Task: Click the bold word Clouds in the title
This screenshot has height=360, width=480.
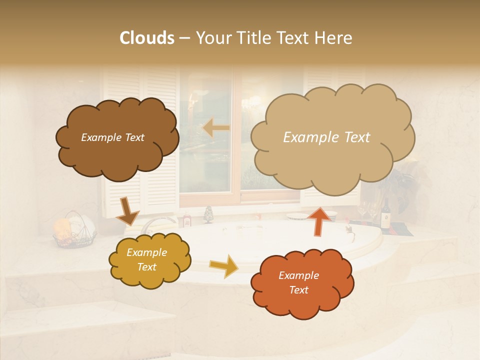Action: pos(147,38)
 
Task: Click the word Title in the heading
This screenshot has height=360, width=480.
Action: pos(254,38)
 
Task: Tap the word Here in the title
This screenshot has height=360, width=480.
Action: pos(333,38)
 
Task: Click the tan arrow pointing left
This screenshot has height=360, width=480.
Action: pos(216,128)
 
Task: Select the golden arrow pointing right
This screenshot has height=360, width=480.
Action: pos(224,266)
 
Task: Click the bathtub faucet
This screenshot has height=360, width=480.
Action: pos(155,222)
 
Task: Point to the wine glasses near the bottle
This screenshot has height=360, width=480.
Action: pos(367,209)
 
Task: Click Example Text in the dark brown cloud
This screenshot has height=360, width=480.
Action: pos(112,137)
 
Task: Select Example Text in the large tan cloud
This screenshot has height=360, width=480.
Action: pos(326,137)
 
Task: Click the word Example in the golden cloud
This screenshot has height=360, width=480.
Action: pos(146,253)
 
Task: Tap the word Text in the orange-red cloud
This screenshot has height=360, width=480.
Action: pos(298,290)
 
